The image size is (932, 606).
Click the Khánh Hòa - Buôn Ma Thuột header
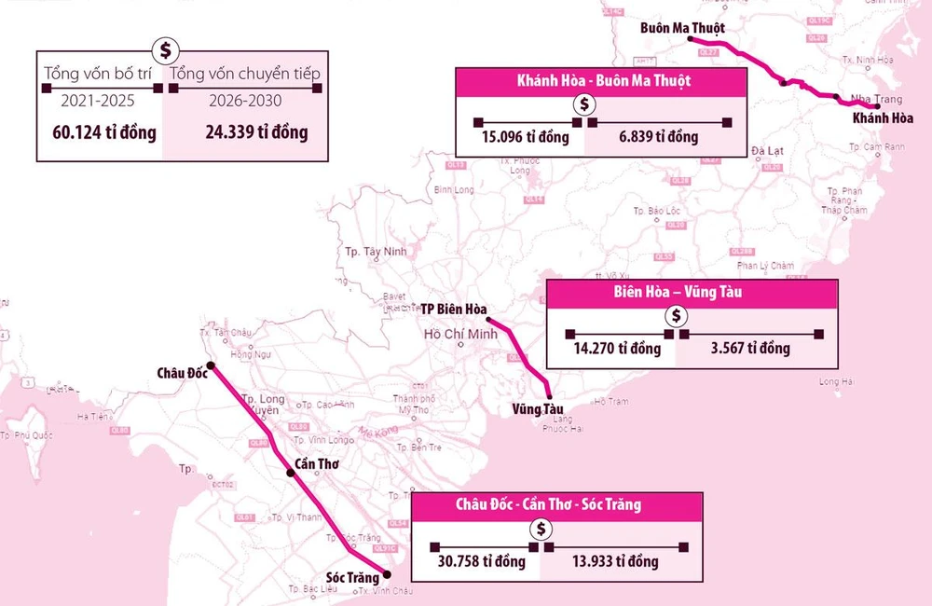click(x=603, y=81)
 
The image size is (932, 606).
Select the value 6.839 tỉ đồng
click(x=658, y=137)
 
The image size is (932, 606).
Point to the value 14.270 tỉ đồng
click(x=618, y=349)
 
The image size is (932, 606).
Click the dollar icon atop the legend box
click(x=164, y=49)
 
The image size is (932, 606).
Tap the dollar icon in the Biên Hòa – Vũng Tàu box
click(x=676, y=315)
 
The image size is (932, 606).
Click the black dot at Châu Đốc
click(x=211, y=365)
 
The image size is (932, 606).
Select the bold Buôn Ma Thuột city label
click(x=683, y=28)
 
